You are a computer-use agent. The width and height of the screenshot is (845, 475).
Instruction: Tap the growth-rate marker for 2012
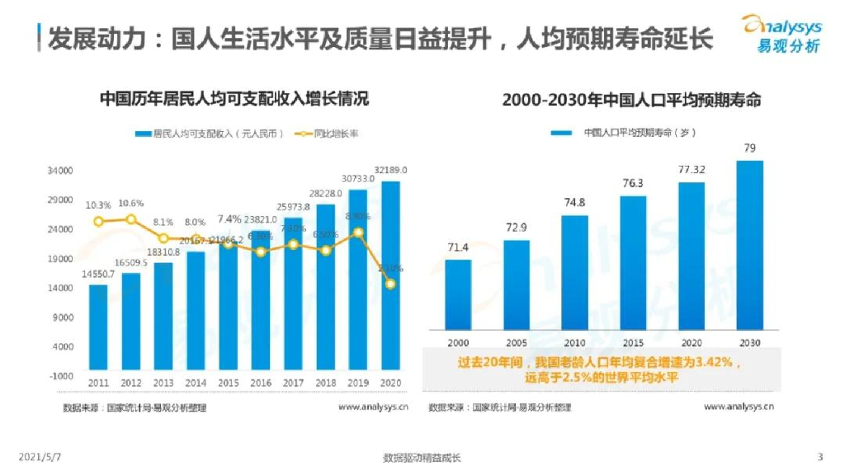(130, 219)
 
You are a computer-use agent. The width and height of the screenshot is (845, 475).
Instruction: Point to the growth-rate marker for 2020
(389, 284)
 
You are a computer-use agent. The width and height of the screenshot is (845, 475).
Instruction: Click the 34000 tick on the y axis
(64, 171)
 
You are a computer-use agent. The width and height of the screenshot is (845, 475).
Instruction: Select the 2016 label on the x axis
(261, 383)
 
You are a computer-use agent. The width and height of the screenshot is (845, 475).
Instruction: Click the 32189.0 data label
(390, 170)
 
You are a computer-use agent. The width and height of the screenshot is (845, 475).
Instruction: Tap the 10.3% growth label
(98, 205)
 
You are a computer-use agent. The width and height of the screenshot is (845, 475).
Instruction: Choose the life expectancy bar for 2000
(458, 294)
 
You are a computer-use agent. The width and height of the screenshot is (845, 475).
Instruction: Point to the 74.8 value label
(574, 203)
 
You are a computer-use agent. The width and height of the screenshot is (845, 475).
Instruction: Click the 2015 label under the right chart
(633, 341)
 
